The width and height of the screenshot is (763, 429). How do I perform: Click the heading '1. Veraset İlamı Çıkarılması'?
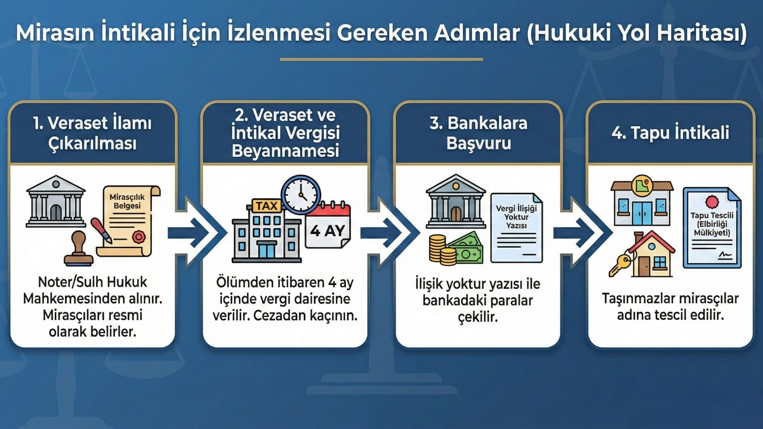click(x=93, y=133)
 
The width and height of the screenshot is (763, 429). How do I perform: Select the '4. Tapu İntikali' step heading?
click(x=670, y=133)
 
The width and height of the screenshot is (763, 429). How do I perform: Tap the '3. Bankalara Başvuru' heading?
click(x=478, y=133)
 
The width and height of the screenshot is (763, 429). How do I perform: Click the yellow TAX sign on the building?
click(x=266, y=206)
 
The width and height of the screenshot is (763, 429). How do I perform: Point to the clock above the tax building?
click(x=301, y=195)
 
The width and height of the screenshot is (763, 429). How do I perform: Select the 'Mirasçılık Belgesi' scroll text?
click(x=127, y=201)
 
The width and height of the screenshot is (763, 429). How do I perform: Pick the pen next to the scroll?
click(x=102, y=230)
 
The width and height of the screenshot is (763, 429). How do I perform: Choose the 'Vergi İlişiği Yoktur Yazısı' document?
click(x=516, y=228)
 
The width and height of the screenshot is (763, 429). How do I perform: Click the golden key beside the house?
click(x=620, y=264)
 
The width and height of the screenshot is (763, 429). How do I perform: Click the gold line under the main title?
click(x=381, y=59)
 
